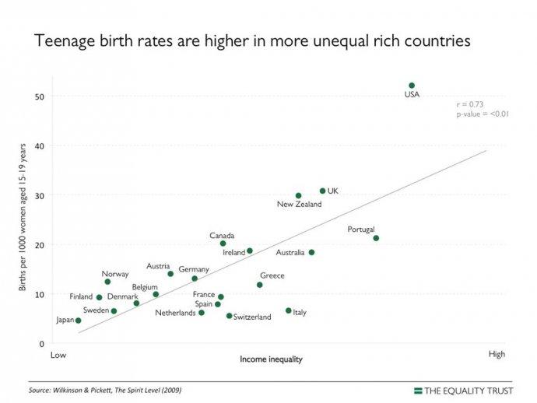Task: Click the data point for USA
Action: [x=412, y=86]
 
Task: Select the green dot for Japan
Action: [x=78, y=321]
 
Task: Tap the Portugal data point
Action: [x=376, y=238]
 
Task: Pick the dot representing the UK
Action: [x=322, y=191]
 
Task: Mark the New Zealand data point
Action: [x=298, y=196]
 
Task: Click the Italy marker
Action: [x=288, y=310]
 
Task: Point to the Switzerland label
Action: [x=253, y=317]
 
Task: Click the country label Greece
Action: [x=272, y=275]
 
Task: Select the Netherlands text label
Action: [x=175, y=314]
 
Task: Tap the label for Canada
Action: [x=222, y=235]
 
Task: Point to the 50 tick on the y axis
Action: [x=39, y=96]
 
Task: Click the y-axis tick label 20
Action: [x=39, y=245]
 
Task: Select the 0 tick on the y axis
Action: [x=41, y=344]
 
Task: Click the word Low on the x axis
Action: [x=58, y=356]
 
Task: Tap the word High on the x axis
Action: [x=497, y=355]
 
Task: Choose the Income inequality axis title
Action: [x=271, y=359]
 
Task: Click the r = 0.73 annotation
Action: [x=470, y=104]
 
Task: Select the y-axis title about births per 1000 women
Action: [x=23, y=218]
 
